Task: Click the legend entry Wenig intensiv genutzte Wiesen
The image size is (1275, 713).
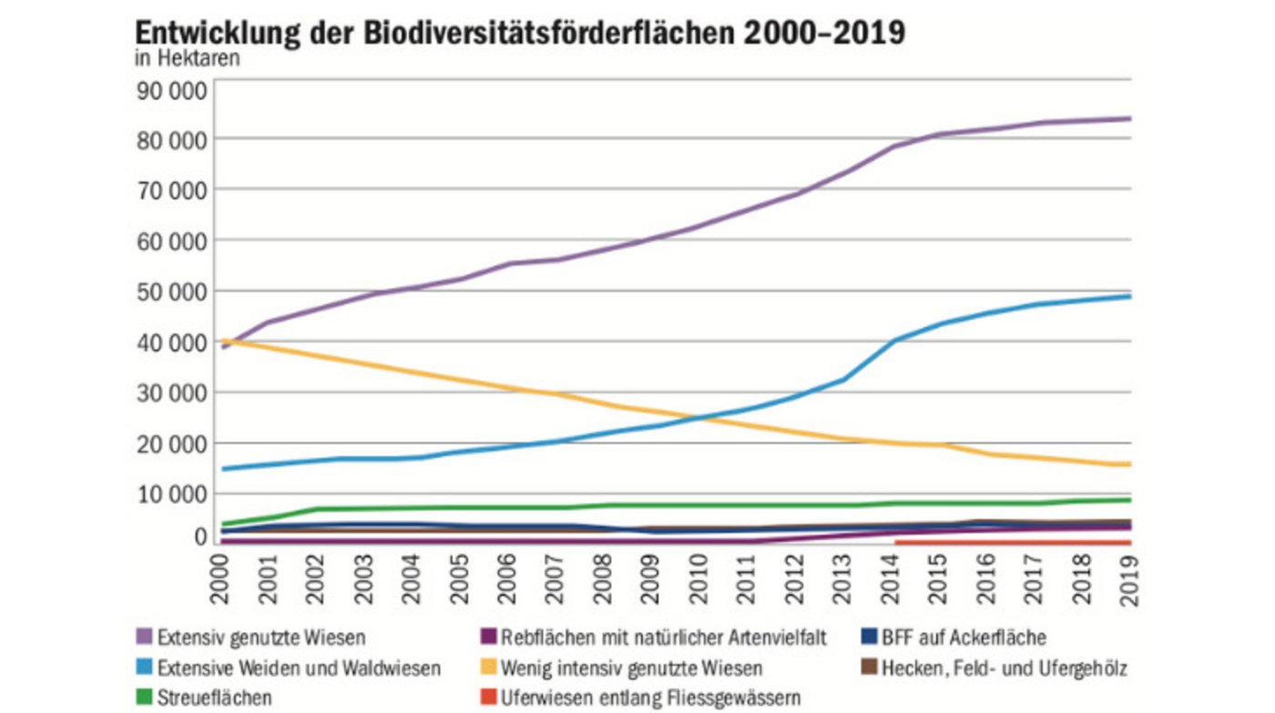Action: coord(631,668)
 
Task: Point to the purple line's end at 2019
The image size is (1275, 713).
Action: coord(1130,118)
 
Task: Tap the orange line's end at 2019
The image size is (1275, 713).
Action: coord(1130,464)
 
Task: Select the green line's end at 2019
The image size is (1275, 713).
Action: coord(1130,499)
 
